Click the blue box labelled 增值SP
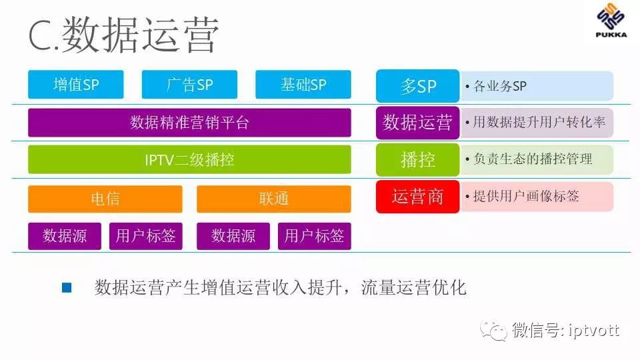[x=76, y=85]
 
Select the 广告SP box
[x=190, y=85]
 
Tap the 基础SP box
[x=303, y=85]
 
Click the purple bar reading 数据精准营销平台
[x=189, y=123]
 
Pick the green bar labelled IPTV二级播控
[x=189, y=160]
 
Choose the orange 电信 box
[x=105, y=199]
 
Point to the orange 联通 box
[x=273, y=199]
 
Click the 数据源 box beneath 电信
[x=65, y=236]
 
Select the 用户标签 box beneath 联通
[x=314, y=236]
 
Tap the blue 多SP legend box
[x=417, y=86]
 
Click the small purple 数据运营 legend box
[x=417, y=123]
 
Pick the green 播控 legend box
[x=417, y=160]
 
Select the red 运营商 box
[x=417, y=197]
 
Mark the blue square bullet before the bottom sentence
[x=66, y=288]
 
